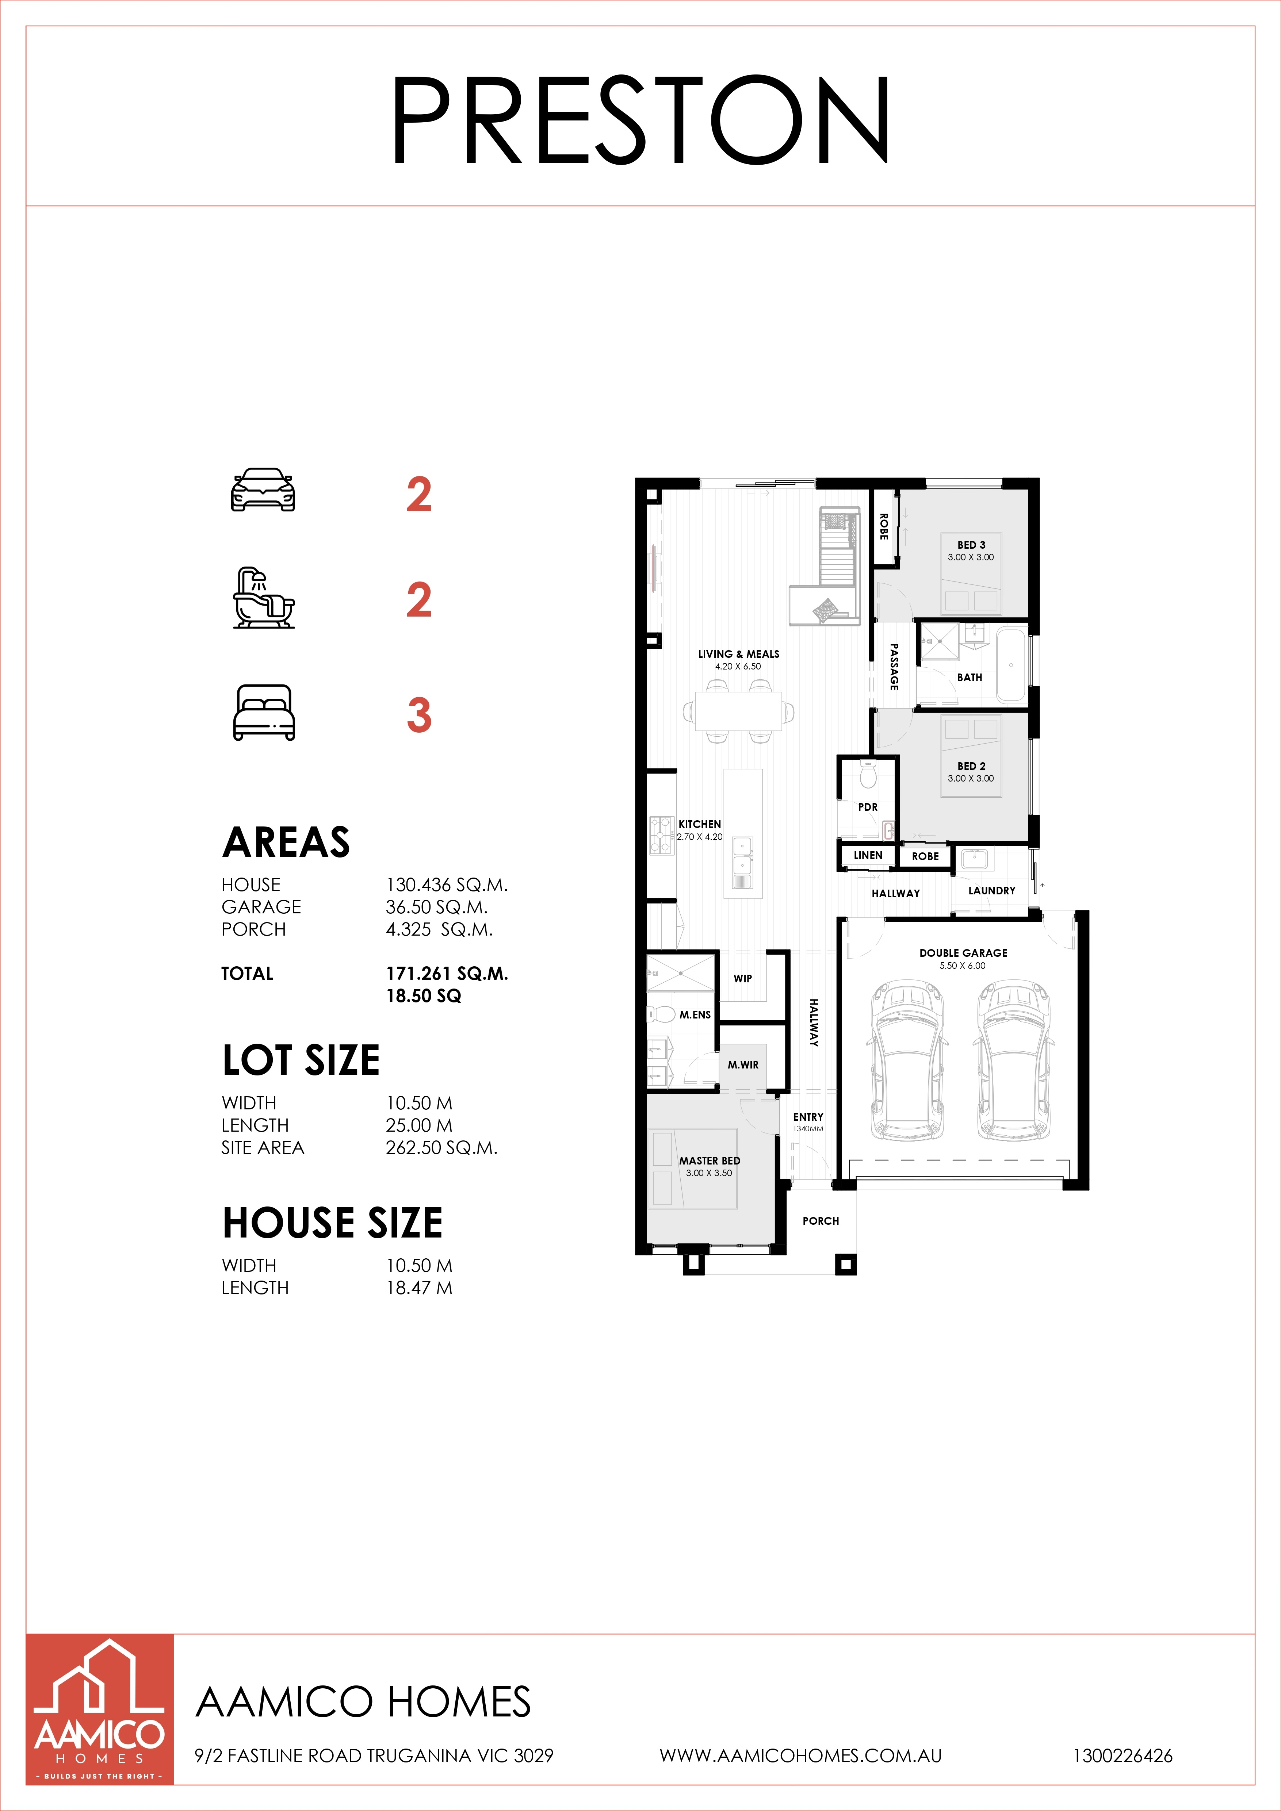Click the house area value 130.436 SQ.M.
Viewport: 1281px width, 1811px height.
(447, 885)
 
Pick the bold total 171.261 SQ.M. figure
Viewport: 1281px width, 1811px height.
(447, 973)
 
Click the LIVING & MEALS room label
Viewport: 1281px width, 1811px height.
(738, 654)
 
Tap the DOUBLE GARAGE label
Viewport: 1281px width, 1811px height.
(963, 953)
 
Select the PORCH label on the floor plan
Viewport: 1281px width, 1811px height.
(821, 1221)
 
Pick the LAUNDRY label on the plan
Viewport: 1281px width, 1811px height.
(991, 890)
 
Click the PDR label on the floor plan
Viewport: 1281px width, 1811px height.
(868, 807)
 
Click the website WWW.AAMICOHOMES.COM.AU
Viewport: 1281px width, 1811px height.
(800, 1756)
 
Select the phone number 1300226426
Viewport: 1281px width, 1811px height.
(1123, 1756)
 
